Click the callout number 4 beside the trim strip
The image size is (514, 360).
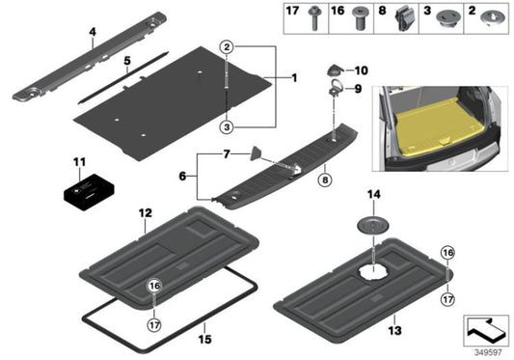pyautogui.click(x=93, y=32)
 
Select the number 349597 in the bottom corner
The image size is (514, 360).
pyautogui.click(x=487, y=350)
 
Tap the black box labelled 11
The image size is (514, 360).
pyautogui.click(x=85, y=192)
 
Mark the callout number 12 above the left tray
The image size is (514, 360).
pyautogui.click(x=144, y=212)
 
